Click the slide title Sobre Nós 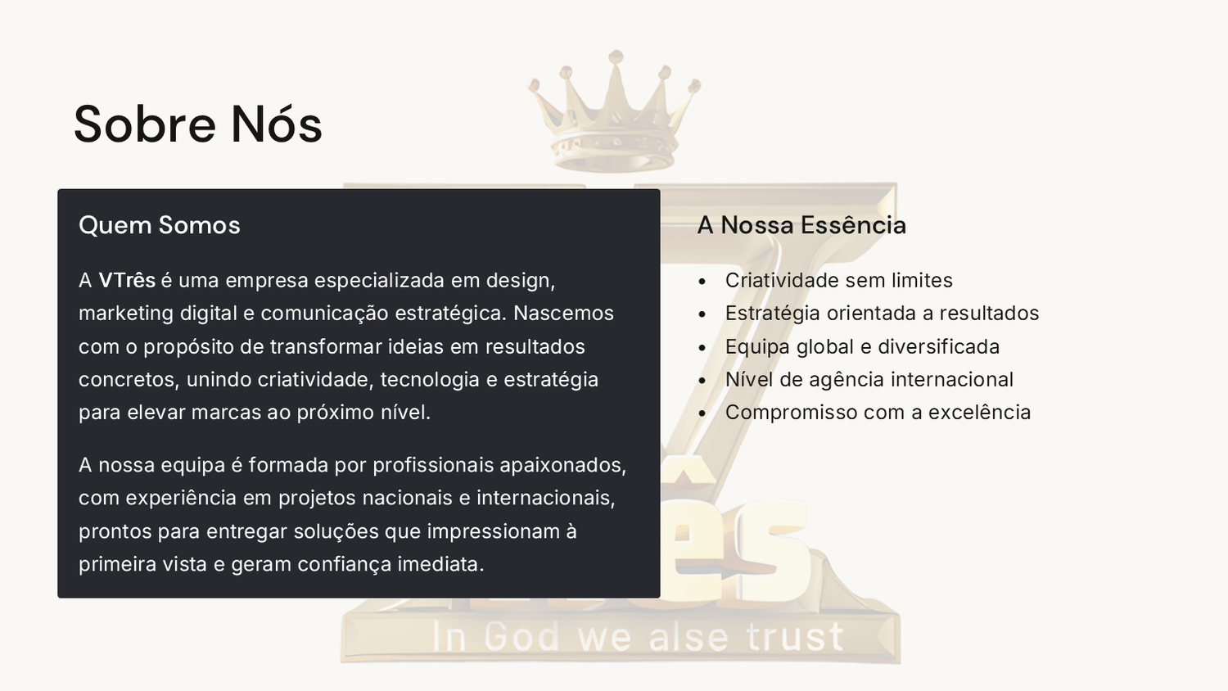198,124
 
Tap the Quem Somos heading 160,225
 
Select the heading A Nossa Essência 801,225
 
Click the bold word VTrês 127,280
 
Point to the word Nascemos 563,313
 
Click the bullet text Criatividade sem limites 839,280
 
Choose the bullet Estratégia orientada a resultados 882,314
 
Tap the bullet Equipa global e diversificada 862,347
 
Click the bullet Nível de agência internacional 869,380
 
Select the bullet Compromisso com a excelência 878,413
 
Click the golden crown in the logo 615,112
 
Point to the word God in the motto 523,637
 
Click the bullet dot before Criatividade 702,282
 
